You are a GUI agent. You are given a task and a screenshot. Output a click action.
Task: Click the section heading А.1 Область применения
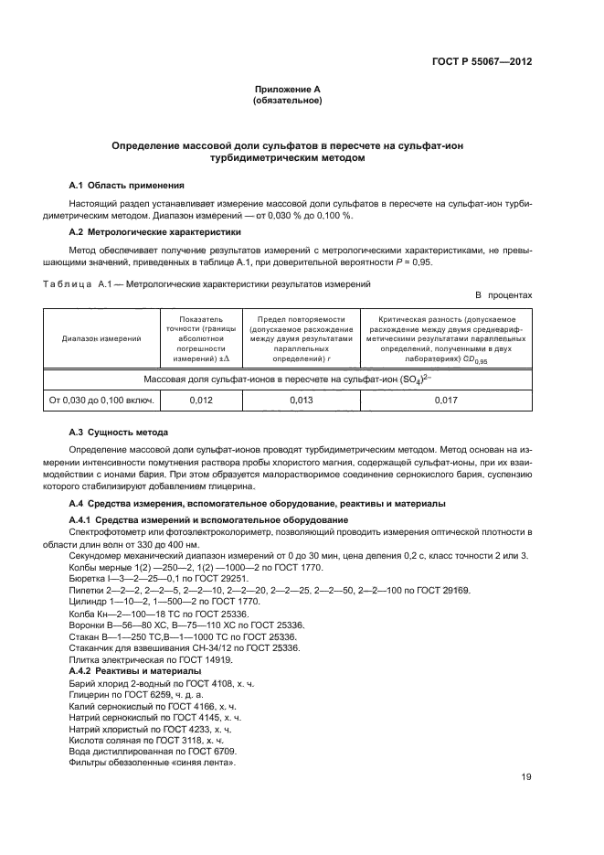click(x=127, y=184)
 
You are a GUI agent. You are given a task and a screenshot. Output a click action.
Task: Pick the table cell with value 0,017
click(x=446, y=400)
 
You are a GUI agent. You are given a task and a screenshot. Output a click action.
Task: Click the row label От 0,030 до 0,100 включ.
click(x=101, y=400)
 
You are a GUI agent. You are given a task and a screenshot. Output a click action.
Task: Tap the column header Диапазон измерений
click(x=101, y=338)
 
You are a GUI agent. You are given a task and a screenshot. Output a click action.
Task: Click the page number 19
click(x=526, y=777)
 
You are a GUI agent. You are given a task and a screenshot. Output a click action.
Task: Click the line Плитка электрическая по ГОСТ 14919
click(x=151, y=660)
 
